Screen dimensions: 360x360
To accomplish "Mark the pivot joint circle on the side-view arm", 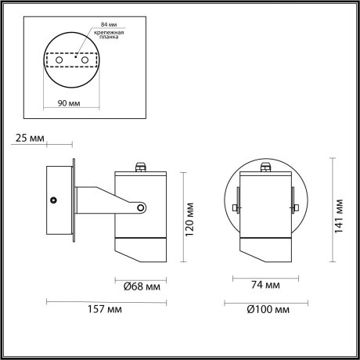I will coord(142,207).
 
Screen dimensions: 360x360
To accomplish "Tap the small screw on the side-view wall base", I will coord(53,200).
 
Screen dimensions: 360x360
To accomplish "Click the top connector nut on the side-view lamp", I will coord(142,166).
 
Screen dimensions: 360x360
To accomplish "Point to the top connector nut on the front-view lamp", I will coord(266,166).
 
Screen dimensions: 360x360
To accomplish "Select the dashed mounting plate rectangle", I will coord(70,60).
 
